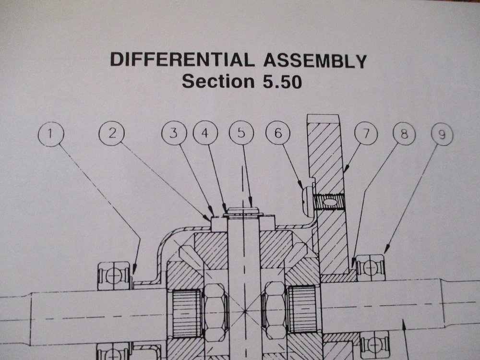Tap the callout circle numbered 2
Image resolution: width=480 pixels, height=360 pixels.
pos(112,133)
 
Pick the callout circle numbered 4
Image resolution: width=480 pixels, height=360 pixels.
pos(205,133)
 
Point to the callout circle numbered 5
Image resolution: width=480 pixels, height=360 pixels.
pos(241,133)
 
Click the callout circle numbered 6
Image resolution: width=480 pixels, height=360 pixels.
pos(278,134)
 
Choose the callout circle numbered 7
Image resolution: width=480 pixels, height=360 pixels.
pos(366,134)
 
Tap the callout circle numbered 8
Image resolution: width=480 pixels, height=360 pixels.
pos(404,134)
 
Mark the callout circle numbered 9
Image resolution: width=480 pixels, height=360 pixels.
pos(443,134)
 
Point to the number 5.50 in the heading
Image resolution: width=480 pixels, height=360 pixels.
pos(279,81)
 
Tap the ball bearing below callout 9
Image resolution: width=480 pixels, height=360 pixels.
pos(371,267)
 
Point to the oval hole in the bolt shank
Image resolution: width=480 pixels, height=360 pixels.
pos(329,202)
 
